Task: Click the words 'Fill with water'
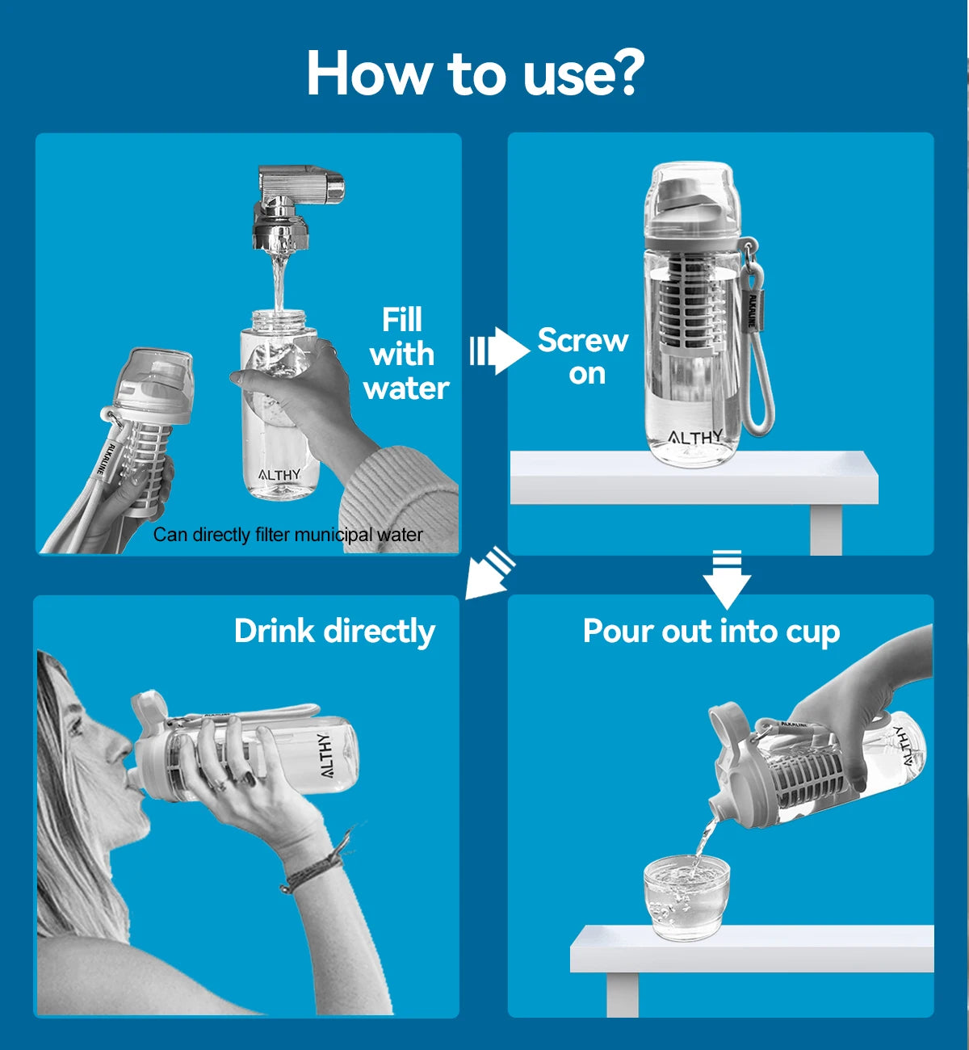(405, 354)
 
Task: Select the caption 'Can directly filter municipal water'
(287, 535)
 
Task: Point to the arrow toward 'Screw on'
(500, 351)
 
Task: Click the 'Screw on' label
(584, 356)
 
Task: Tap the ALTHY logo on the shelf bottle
(694, 437)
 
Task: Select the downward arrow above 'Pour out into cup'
(727, 579)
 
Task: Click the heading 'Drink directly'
(334, 632)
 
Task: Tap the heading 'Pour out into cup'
(711, 632)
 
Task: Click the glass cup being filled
(686, 899)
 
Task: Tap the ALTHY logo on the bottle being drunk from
(325, 755)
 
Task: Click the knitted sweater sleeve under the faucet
(399, 500)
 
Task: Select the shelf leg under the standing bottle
(826, 529)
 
